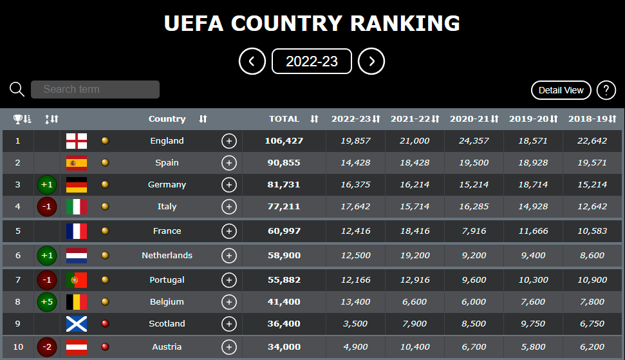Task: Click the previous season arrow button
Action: pos(252,61)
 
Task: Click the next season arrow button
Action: pos(371,61)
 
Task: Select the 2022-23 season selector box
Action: pos(312,61)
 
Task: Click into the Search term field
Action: pos(95,90)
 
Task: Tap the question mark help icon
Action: pos(606,90)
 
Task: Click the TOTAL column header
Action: pos(285,118)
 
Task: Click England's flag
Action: pos(77,141)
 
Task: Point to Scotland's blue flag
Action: pos(77,324)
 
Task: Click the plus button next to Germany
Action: pos(229,185)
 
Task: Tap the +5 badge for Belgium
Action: pos(47,302)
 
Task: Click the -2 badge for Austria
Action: pos(47,347)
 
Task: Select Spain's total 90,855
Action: pos(284,163)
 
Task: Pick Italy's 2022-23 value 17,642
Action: pos(355,207)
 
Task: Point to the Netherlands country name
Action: pos(167,256)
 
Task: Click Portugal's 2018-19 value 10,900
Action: pos(592,280)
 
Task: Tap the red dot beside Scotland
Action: pos(105,324)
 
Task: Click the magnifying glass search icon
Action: pos(17,90)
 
